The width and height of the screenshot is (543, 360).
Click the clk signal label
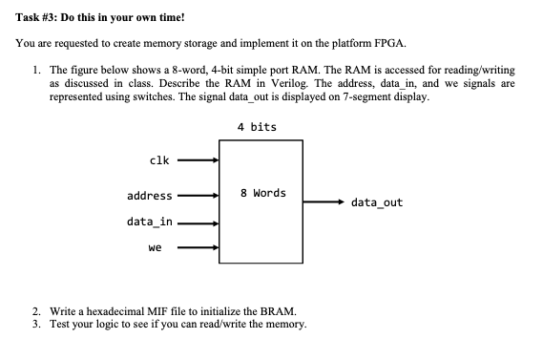160,160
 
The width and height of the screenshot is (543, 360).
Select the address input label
150,196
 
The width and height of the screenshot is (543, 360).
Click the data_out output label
377,202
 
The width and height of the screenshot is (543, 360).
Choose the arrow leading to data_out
319,202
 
